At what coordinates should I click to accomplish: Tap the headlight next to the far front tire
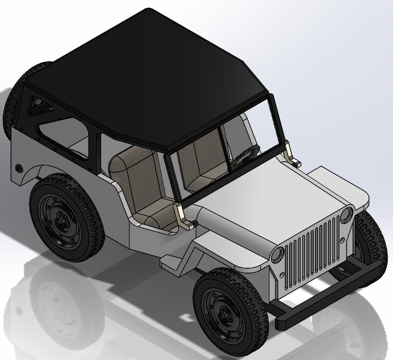coord(346,215)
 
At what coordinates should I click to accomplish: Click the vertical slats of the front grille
coord(312,246)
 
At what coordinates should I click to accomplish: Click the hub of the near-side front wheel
coord(224,312)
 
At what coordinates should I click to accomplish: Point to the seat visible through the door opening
coord(137,186)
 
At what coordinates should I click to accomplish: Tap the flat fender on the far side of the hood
coord(339,183)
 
